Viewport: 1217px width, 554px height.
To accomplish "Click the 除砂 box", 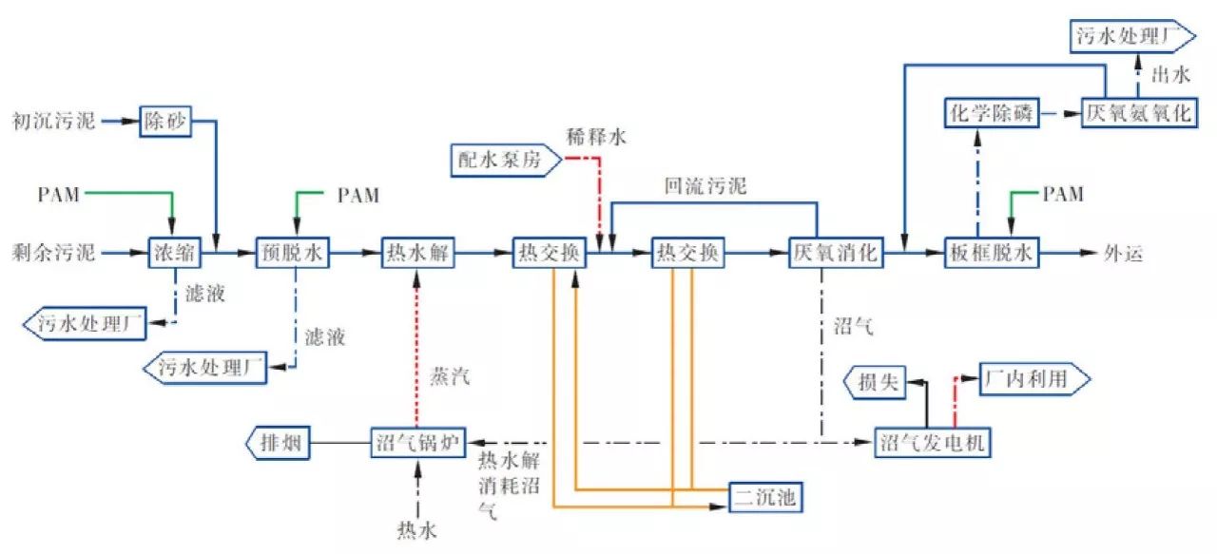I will point(166,121).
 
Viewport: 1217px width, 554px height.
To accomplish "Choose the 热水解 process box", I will point(419,254).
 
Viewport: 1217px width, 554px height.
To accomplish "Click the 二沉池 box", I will point(763,495).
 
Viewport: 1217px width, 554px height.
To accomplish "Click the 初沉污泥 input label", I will point(53,122).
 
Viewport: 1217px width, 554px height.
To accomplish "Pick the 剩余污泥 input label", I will point(53,254).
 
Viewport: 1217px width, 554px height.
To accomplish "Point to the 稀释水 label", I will point(597,138).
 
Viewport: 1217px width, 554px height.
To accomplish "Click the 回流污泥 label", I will point(705,187).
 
